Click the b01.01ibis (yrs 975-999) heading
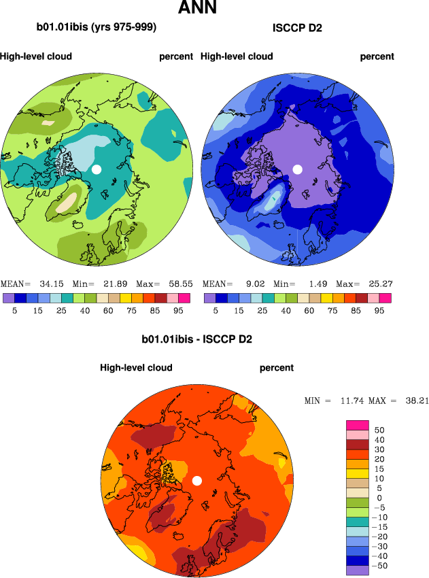(x=97, y=28)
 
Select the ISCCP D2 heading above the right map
(x=297, y=28)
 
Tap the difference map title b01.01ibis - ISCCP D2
(x=196, y=339)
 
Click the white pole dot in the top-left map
(x=97, y=169)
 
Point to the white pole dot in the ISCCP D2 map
(x=297, y=169)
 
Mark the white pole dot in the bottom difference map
(x=197, y=481)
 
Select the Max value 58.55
(x=179, y=284)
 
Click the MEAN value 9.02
(x=251, y=284)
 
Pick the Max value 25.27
(x=379, y=284)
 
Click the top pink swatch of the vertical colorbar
(x=358, y=425)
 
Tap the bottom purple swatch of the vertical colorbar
(x=358, y=570)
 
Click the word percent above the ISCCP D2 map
(x=377, y=56)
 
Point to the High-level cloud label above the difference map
(x=136, y=368)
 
